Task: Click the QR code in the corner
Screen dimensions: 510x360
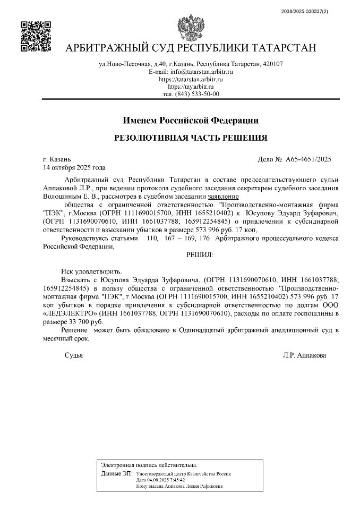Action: tap(36, 36)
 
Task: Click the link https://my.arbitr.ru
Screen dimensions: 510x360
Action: tap(191, 87)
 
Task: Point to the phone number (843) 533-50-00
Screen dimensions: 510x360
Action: tap(197, 94)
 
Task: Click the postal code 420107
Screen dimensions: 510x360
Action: tap(272, 64)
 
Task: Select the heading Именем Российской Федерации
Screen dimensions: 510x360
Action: tap(191, 120)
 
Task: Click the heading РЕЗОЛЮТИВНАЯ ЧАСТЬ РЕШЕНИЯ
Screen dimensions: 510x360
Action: tap(191, 138)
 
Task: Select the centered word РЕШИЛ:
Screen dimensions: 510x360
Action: tap(199, 255)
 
